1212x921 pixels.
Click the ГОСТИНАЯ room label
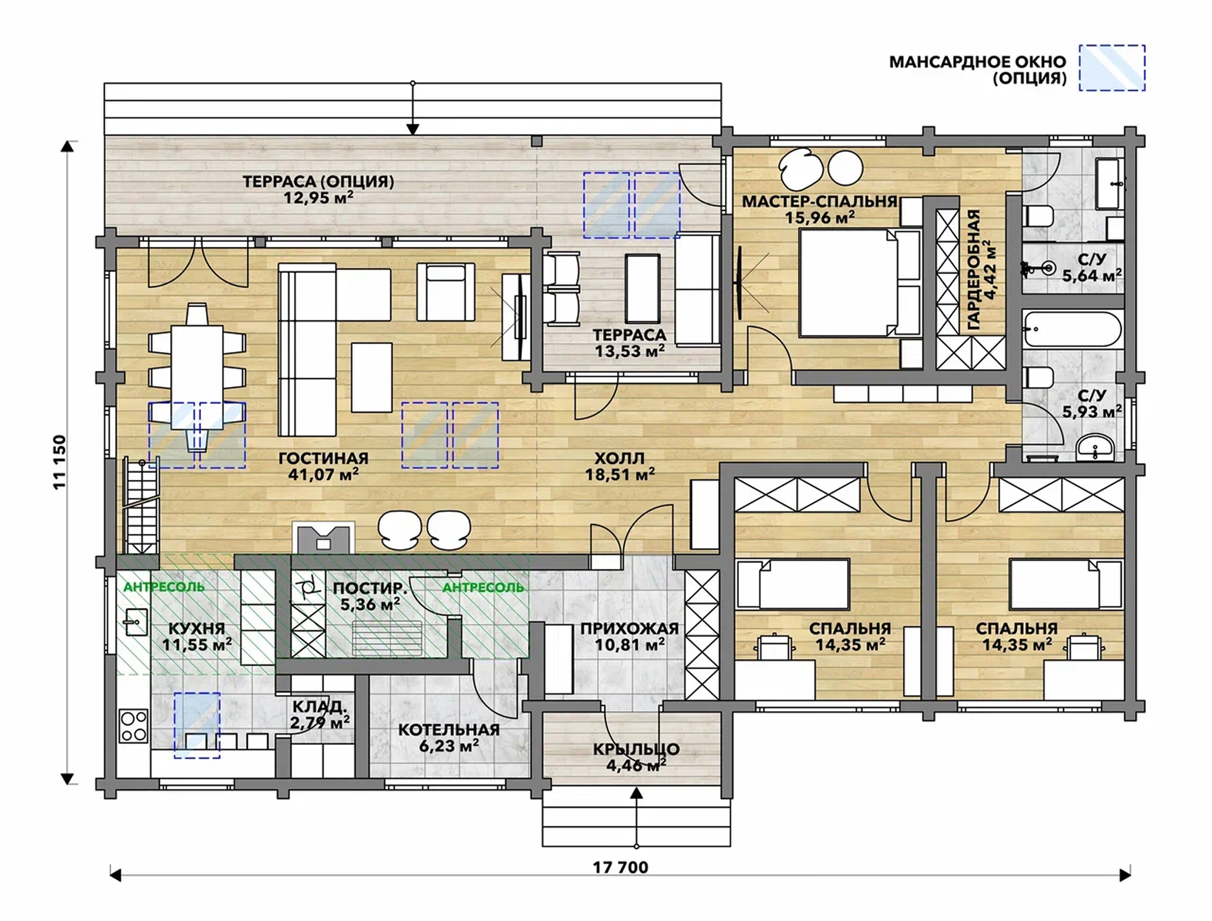(324, 458)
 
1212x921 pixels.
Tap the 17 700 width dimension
(620, 867)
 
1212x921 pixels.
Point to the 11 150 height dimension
(60, 462)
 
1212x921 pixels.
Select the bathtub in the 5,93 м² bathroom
(1072, 329)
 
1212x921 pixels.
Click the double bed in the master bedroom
(860, 282)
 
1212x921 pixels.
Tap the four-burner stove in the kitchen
(134, 726)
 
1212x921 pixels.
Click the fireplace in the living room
(324, 537)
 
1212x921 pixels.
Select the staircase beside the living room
(140, 507)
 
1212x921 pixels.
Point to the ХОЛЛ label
(620, 458)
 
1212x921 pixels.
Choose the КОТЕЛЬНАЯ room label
(449, 730)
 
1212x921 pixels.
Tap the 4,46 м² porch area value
(636, 765)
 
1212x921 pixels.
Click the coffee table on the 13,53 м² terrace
(642, 289)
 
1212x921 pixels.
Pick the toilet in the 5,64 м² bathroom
(1038, 217)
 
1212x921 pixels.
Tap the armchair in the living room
(445, 292)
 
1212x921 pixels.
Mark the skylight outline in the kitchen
(197, 725)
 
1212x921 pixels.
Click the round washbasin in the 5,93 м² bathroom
(1095, 448)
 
